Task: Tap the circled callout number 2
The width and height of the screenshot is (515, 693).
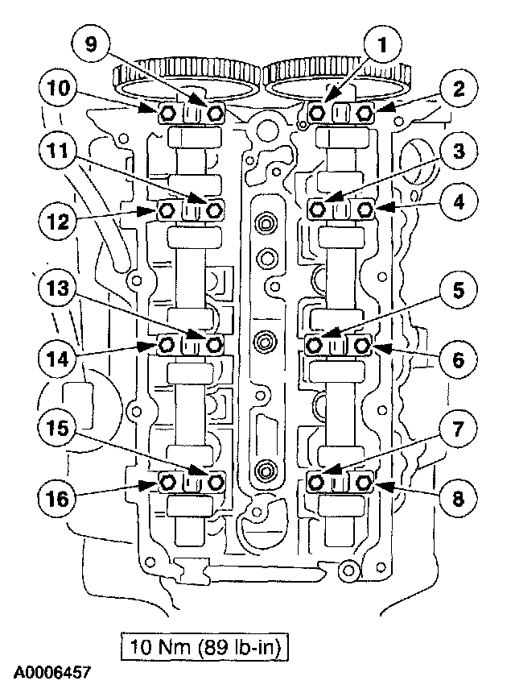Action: click(458, 90)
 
